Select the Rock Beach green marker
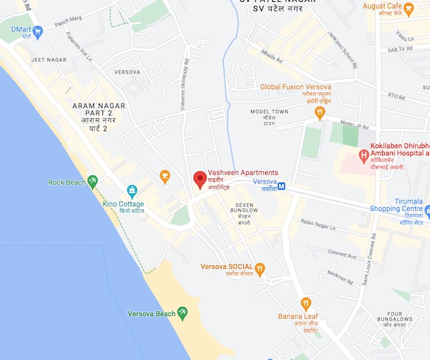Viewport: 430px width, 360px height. coord(92,181)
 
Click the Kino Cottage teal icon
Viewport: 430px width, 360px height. coord(132,191)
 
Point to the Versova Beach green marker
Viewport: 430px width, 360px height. coord(183,313)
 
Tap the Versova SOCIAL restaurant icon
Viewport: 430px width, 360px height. coord(260,269)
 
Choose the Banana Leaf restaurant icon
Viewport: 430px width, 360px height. coord(306,304)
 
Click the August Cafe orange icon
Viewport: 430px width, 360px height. coord(409,10)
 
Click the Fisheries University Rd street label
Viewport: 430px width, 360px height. coord(185,84)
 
